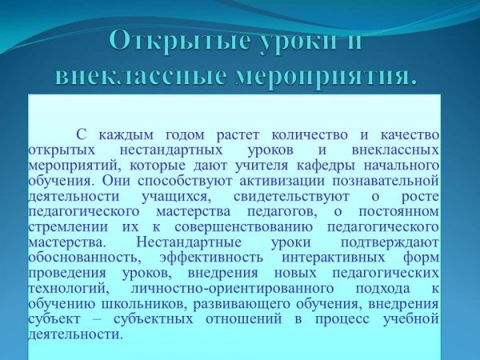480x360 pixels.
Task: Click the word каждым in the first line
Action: tap(126, 135)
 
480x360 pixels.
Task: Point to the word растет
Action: tap(238, 136)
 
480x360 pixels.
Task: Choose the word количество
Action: tap(310, 135)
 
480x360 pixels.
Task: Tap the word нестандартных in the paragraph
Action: tap(171, 150)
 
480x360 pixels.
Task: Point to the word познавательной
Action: tap(386, 181)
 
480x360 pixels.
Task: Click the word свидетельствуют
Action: tap(291, 197)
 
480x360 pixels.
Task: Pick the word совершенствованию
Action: tap(244, 227)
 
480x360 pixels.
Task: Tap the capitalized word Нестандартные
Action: tap(189, 242)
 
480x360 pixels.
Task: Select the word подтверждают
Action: tap(390, 243)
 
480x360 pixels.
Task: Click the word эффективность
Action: tap(211, 258)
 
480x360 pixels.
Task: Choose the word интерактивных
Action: tap(334, 258)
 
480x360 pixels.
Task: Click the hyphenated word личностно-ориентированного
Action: tap(232, 289)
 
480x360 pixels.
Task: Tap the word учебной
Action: tap(411, 319)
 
